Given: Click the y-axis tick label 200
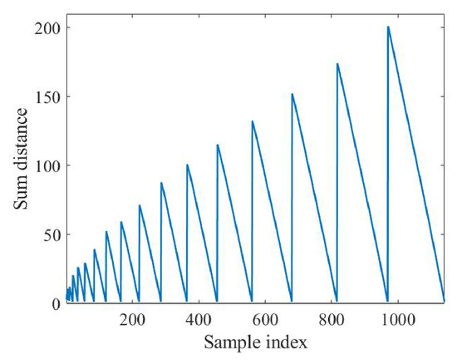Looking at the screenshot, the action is click(47, 29).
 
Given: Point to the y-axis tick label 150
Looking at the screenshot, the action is click(47, 98).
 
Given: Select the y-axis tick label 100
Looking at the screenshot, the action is click(47, 166).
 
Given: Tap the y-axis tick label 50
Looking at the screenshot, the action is click(52, 236).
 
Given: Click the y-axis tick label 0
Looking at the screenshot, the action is click(56, 304).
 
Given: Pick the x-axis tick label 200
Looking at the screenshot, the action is click(132, 320).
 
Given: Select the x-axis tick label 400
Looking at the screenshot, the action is click(199, 320).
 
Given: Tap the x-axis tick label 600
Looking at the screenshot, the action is click(265, 320).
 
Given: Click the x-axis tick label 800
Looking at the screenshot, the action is click(332, 320).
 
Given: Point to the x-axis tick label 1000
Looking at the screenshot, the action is click(398, 320).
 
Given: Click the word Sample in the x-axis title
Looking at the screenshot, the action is click(233, 343).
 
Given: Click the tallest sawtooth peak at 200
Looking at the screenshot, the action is click(388, 27).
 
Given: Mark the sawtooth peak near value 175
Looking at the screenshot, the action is click(337, 63).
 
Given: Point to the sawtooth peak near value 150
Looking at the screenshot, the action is click(292, 94).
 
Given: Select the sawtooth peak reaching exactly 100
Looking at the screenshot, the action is click(187, 165).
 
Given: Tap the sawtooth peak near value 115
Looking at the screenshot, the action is click(218, 145).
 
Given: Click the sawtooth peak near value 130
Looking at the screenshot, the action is click(253, 121).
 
